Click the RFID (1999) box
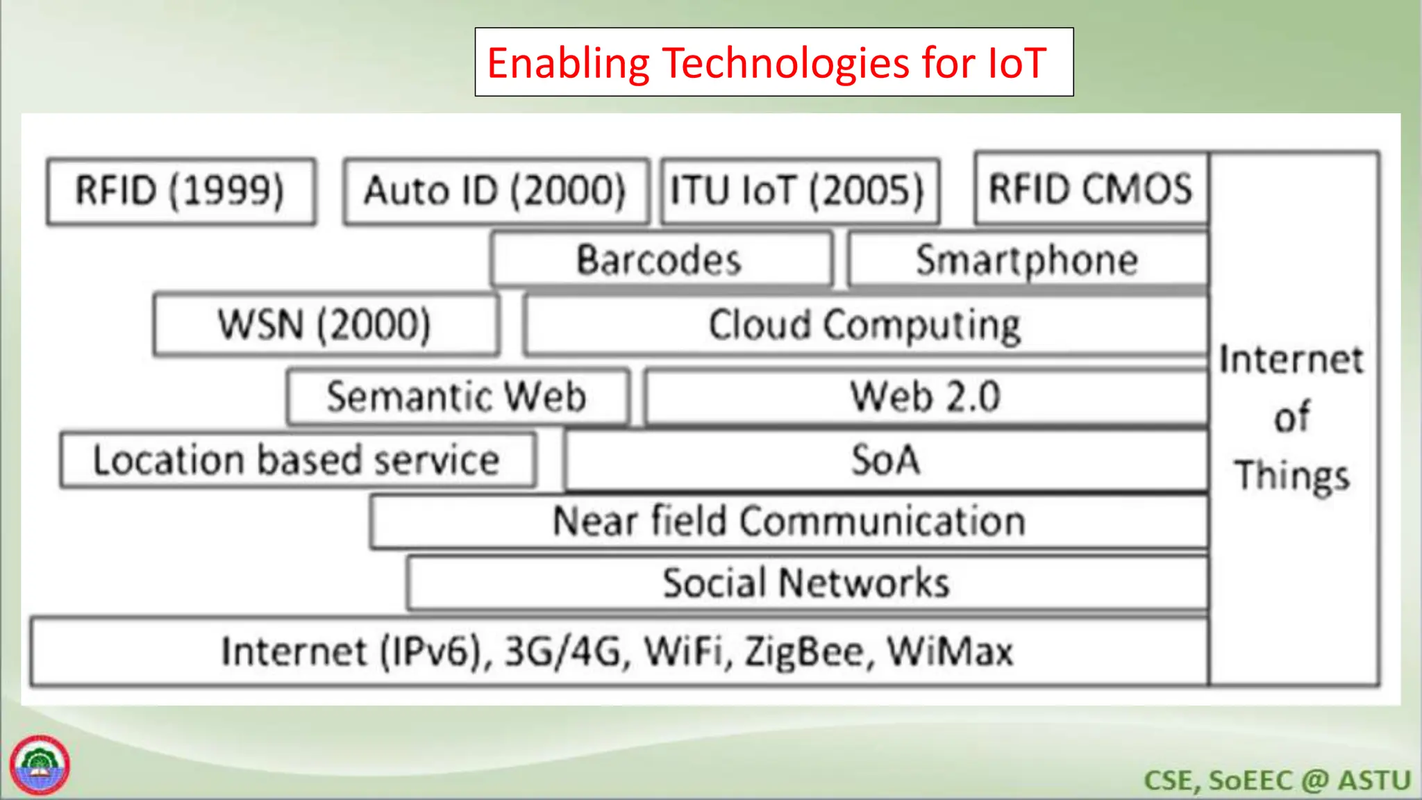pos(181,191)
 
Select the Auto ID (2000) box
pos(496,191)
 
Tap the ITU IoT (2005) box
pos(799,191)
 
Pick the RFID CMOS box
pos(1091,189)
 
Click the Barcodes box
pos(660,260)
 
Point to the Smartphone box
pos(1028,260)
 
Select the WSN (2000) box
pos(325,325)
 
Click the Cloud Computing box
pos(865,325)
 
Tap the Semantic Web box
pos(457,397)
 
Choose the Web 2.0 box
pos(926,397)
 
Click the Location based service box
pos(297,460)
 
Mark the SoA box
pos(886,460)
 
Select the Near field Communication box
pos(789,522)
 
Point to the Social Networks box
pos(806,583)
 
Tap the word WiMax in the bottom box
pos(951,652)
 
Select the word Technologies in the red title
pos(786,62)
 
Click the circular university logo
pos(40,765)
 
